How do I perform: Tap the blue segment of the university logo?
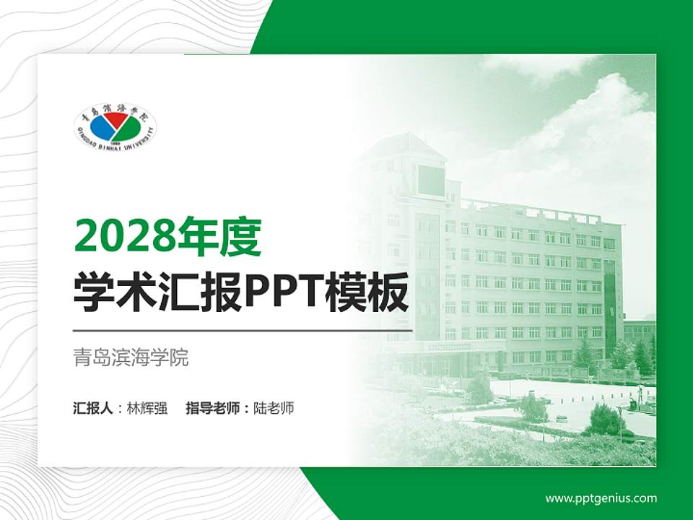[x=101, y=129]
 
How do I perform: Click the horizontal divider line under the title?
[x=243, y=331]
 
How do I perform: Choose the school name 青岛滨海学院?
[x=131, y=357]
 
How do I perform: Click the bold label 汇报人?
[x=92, y=408]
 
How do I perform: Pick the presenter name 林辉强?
[x=147, y=408]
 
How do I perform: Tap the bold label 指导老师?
[x=212, y=408]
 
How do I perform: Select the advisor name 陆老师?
[x=274, y=408]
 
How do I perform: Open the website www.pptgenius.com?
[x=601, y=498]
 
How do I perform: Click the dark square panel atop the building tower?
[x=431, y=180]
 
